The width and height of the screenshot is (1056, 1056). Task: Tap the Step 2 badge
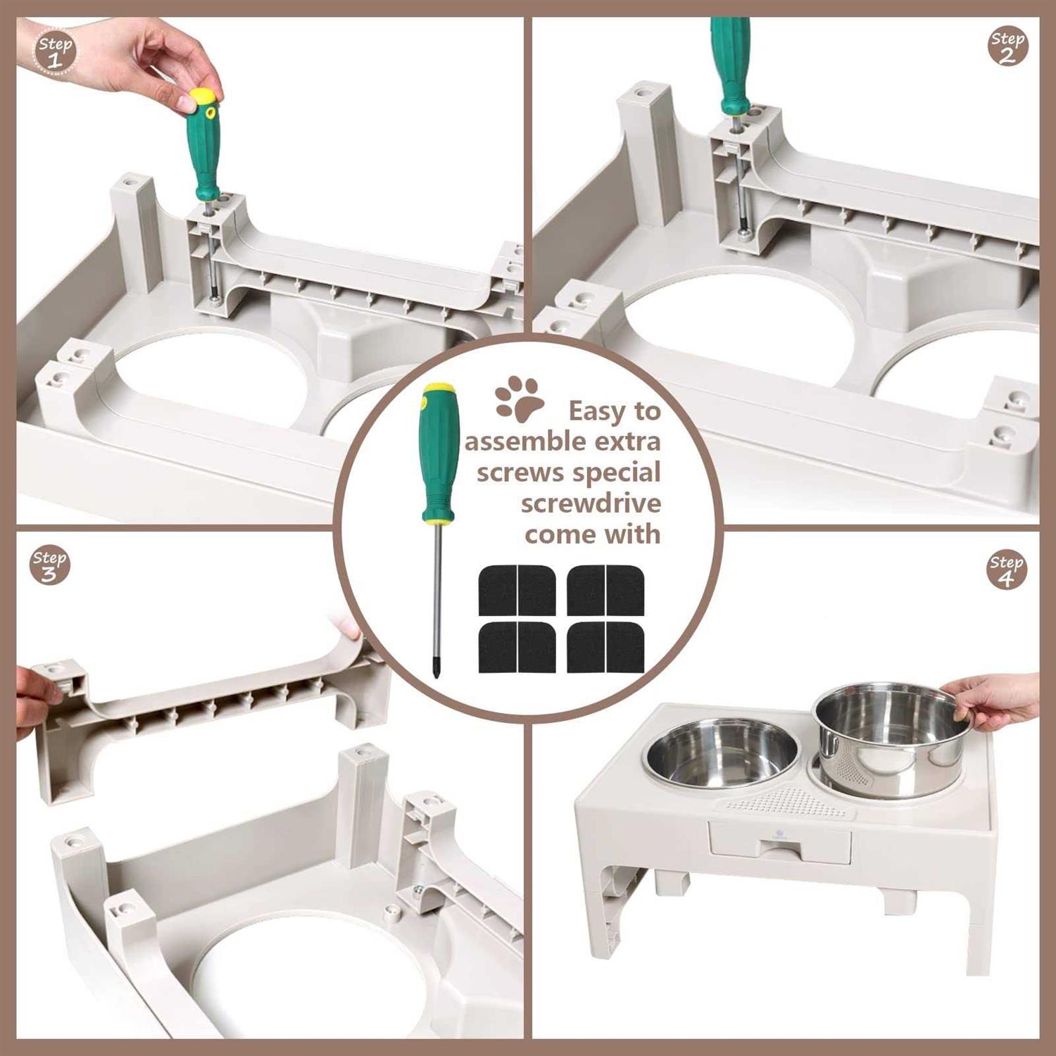click(1007, 47)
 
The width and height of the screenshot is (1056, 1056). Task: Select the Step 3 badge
click(49, 565)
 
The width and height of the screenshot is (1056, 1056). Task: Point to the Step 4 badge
click(1007, 570)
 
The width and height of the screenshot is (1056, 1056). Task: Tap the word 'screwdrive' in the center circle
click(591, 503)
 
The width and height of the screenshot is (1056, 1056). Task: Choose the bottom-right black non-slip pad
click(605, 647)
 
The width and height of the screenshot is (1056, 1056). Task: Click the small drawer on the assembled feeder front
click(780, 841)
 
